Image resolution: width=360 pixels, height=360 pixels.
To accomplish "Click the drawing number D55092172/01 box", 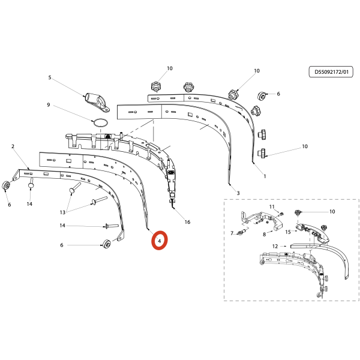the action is click(x=331, y=72).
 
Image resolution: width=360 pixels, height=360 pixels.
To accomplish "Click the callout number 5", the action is click(x=50, y=77).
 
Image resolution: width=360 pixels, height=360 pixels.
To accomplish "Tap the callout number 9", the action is click(x=48, y=105).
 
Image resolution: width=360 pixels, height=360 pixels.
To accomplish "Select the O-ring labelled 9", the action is click(x=100, y=122).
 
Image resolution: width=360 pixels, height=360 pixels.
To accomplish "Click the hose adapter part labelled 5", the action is click(x=97, y=102).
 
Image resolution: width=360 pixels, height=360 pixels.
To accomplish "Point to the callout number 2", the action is click(x=13, y=146).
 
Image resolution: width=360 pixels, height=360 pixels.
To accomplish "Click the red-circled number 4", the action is click(x=160, y=241).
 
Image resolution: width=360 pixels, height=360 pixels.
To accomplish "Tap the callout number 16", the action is click(x=187, y=222).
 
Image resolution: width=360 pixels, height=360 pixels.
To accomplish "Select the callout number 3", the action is click(x=238, y=193).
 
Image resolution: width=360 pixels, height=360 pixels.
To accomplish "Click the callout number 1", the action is click(x=265, y=176).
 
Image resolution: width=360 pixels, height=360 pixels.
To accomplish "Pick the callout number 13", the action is click(x=62, y=212).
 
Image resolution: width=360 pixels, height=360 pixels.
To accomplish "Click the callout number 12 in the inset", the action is click(x=275, y=247).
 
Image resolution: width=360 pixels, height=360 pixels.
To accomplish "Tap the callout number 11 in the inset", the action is click(x=272, y=206).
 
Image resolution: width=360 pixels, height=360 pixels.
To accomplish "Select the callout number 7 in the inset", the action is click(x=232, y=233).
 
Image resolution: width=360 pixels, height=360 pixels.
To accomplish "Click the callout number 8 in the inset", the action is click(x=264, y=235).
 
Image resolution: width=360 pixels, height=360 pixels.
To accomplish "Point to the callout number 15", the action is click(x=288, y=232).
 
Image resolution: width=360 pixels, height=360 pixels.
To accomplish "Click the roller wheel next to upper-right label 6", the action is click(x=261, y=95).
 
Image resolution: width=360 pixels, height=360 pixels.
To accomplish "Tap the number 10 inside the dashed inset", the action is click(x=332, y=211).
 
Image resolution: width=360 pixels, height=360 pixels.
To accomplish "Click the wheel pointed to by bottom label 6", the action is click(x=107, y=244).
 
